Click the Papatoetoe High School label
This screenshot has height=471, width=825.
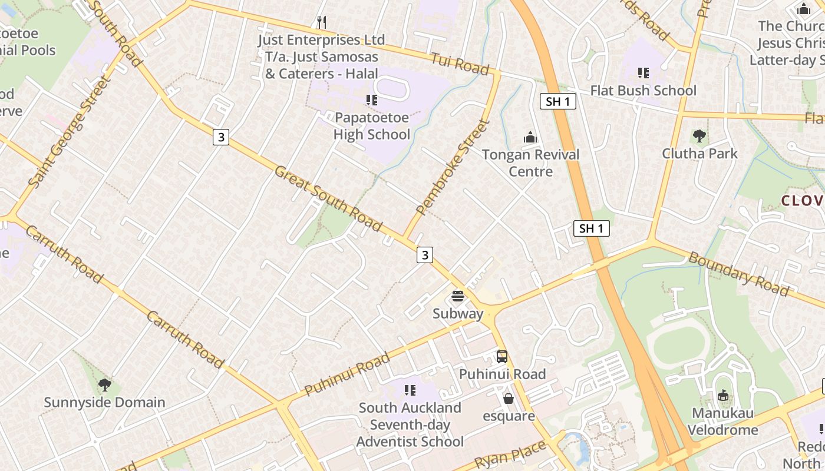(x=371, y=126)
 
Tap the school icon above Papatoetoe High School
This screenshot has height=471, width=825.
(x=371, y=100)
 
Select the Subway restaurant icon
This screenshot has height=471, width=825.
(x=458, y=296)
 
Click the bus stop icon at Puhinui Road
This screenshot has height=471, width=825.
(x=502, y=356)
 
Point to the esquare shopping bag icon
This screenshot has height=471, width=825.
(x=509, y=399)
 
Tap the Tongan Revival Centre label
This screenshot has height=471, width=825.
(x=530, y=163)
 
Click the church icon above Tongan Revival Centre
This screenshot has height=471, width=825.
(x=530, y=138)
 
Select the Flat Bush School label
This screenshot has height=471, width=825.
(x=643, y=91)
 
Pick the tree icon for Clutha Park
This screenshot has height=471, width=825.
(x=699, y=136)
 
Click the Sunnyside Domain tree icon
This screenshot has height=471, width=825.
(x=105, y=385)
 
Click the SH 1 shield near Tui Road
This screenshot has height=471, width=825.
(x=557, y=101)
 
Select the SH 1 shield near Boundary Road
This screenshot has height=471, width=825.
(x=591, y=228)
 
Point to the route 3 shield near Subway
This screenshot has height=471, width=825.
(x=424, y=254)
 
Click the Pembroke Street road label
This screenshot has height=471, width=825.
(x=453, y=167)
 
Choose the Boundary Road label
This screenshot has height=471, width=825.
(x=738, y=274)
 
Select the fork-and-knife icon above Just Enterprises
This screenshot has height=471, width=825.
(x=321, y=22)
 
